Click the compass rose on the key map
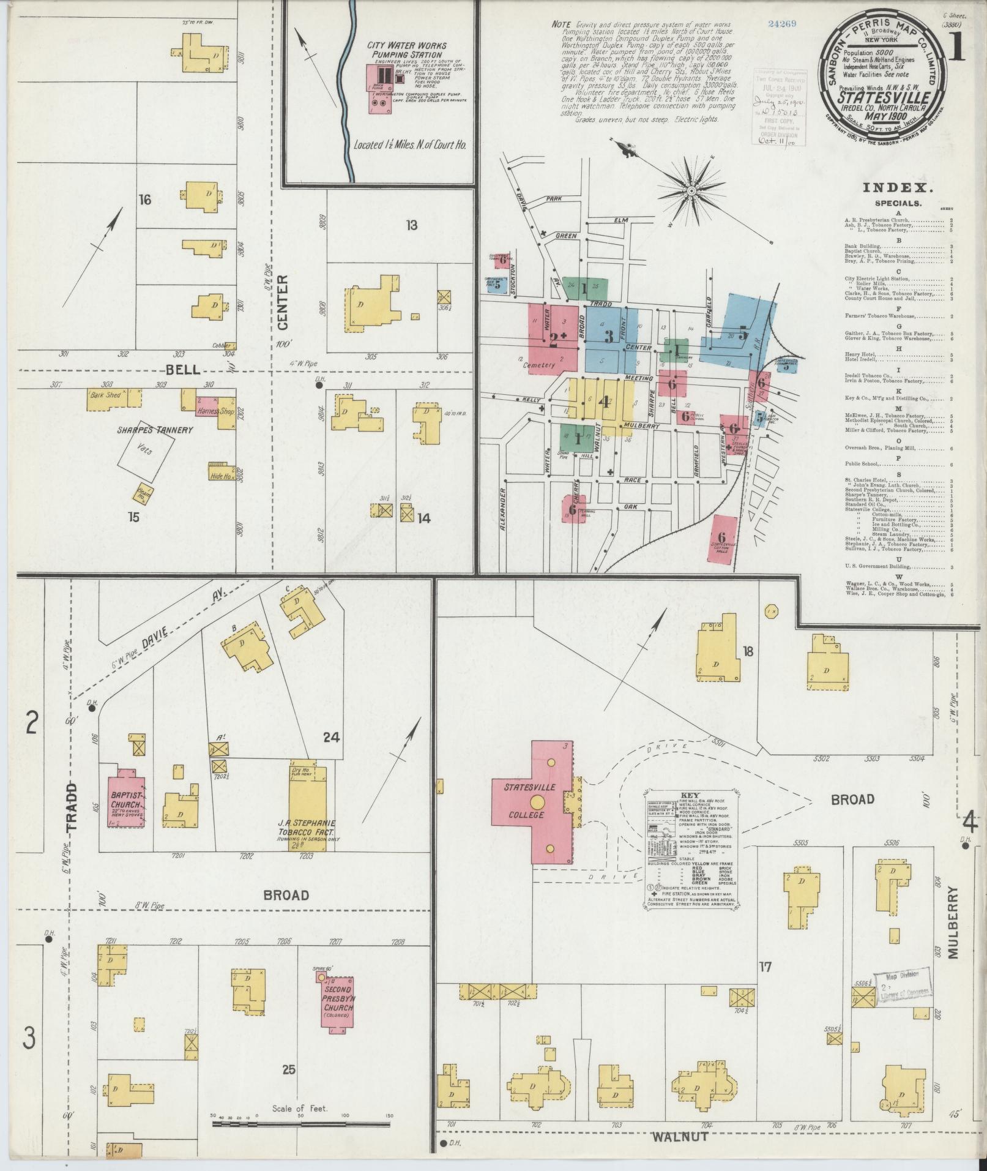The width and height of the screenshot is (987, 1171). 691,191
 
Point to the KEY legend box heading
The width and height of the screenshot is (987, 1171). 690,795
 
